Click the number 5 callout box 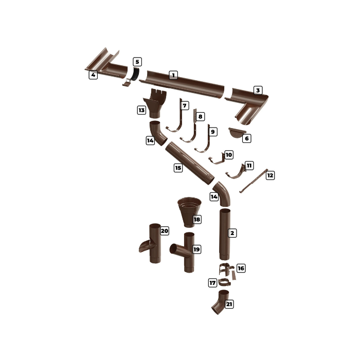(x=137, y=62)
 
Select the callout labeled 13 (x=141, y=110)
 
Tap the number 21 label (x=229, y=304)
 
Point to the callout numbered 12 (x=270, y=175)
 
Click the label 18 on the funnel (x=197, y=220)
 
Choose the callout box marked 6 (x=247, y=138)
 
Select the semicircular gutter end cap (x=237, y=133)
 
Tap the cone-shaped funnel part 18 (x=189, y=212)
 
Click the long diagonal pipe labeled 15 (x=190, y=163)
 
